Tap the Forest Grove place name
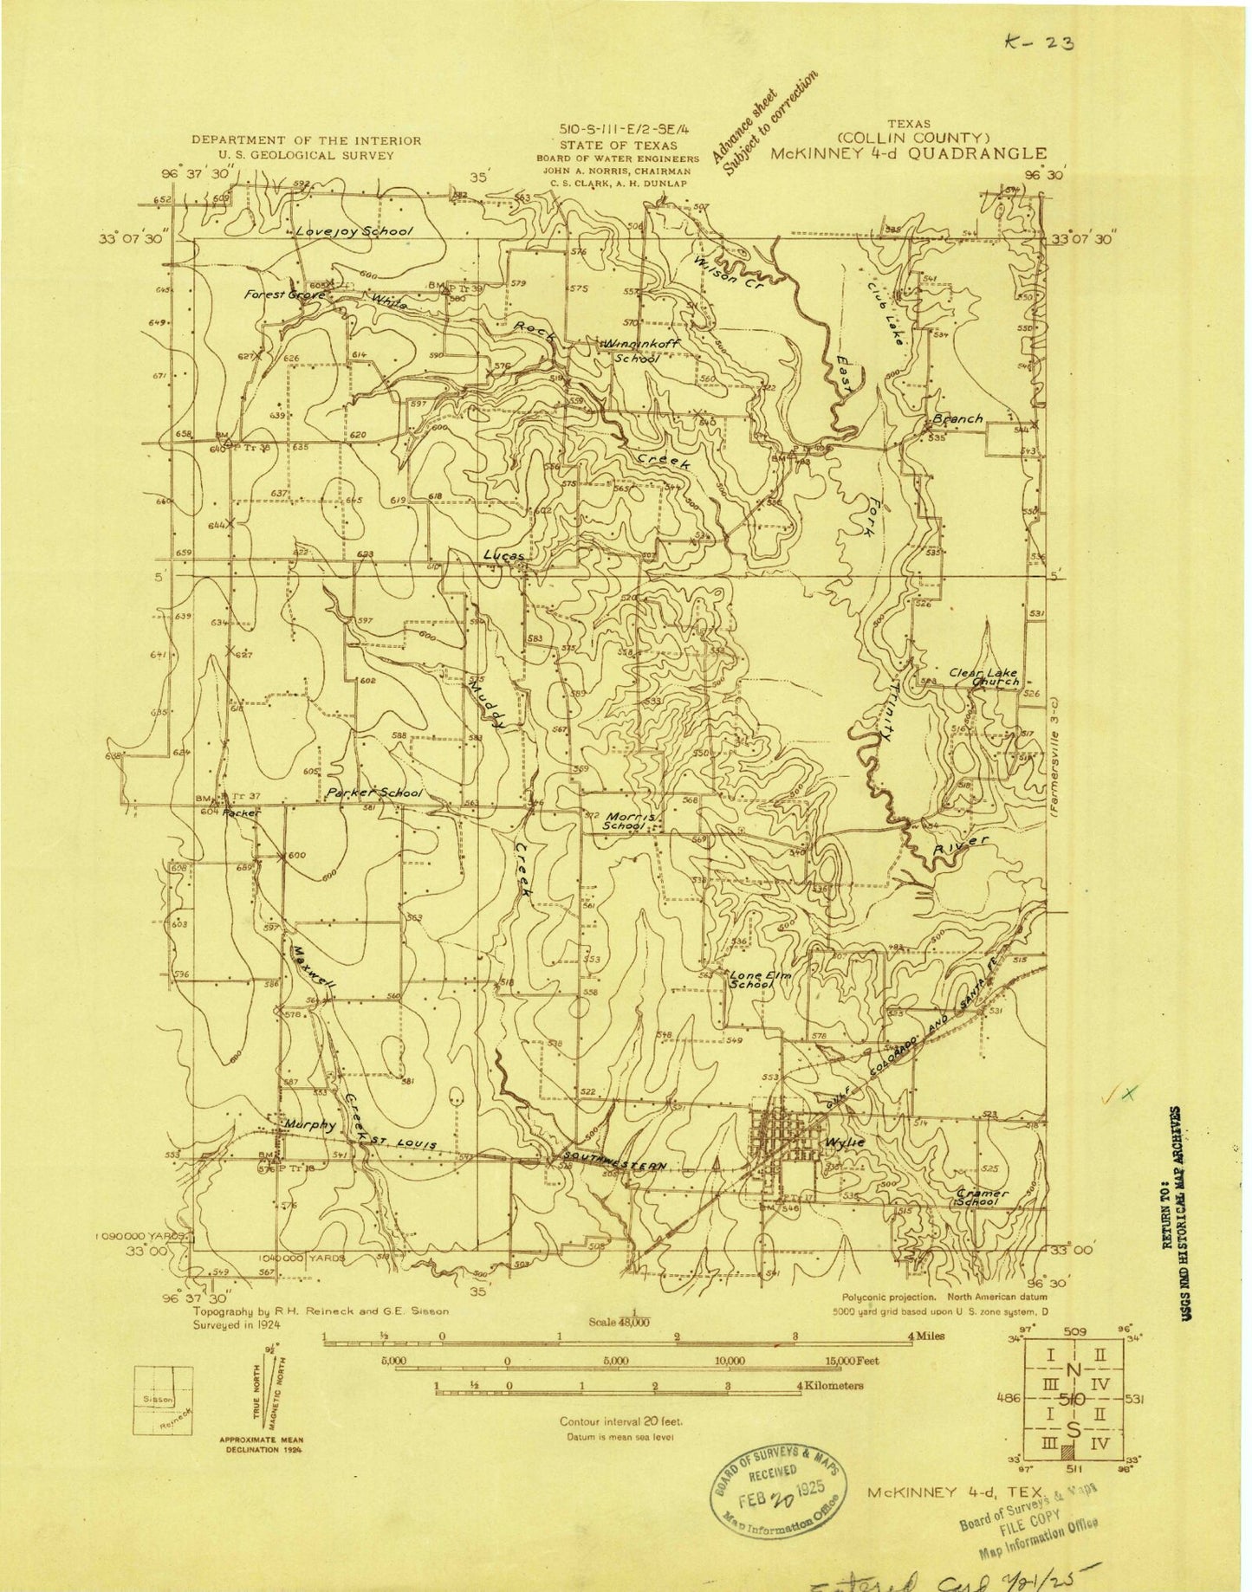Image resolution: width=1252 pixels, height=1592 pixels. (x=284, y=295)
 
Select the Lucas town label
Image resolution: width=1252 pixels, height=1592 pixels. (x=503, y=554)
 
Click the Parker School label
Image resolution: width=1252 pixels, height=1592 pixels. (x=374, y=793)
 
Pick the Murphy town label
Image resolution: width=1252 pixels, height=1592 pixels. (x=309, y=1125)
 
